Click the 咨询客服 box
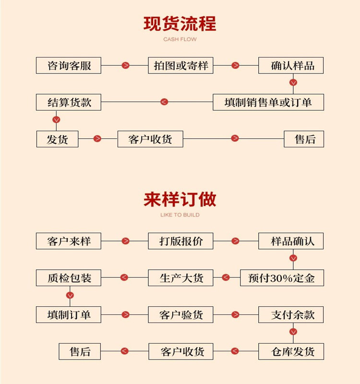[x=69, y=65]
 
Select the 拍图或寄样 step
[x=180, y=65]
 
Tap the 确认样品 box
[x=291, y=65]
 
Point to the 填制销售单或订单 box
[x=268, y=102]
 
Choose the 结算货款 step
[x=69, y=102]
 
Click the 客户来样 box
[x=69, y=241]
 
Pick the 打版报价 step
[x=180, y=241]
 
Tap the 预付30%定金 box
[x=282, y=277]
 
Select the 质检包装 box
[x=69, y=277]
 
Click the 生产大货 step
[x=180, y=277]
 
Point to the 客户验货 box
[x=180, y=315]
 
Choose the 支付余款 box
[x=291, y=315]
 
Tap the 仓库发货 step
[x=291, y=351]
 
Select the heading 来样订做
[x=180, y=199]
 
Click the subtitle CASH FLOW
[x=180, y=39]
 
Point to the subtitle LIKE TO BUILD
[x=180, y=215]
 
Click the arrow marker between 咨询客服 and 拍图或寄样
[x=125, y=65]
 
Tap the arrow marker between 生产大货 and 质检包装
[x=124, y=277]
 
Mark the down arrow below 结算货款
[x=56, y=119]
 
